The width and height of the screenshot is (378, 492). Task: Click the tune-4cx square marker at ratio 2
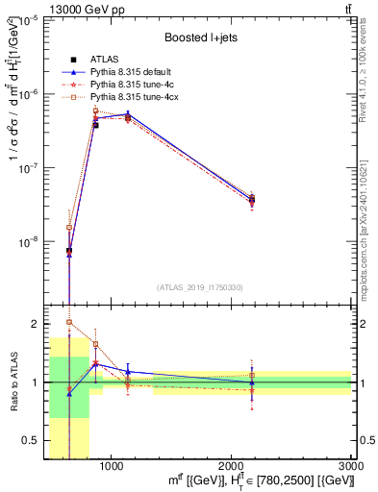[69, 323]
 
